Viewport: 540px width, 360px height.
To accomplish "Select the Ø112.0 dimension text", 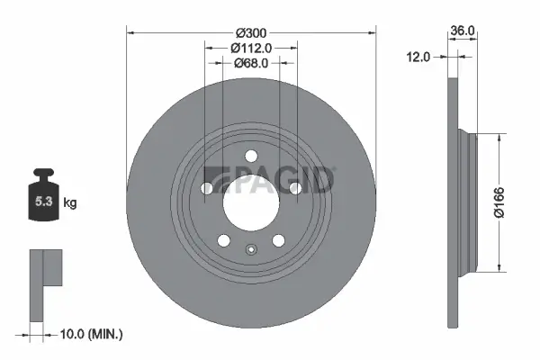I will point(251,48).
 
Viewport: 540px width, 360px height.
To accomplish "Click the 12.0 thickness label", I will point(418,56).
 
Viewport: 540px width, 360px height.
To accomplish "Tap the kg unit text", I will point(70,204).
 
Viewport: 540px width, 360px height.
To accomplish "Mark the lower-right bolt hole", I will point(278,239).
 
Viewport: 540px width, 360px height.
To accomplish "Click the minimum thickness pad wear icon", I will point(47,270).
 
